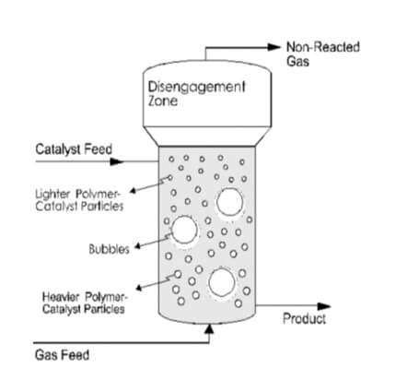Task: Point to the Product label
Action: (303, 319)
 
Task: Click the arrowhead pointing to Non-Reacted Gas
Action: (274, 46)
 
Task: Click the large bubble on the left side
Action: (184, 231)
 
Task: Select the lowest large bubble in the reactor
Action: (221, 282)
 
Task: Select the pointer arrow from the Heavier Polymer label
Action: (147, 284)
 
